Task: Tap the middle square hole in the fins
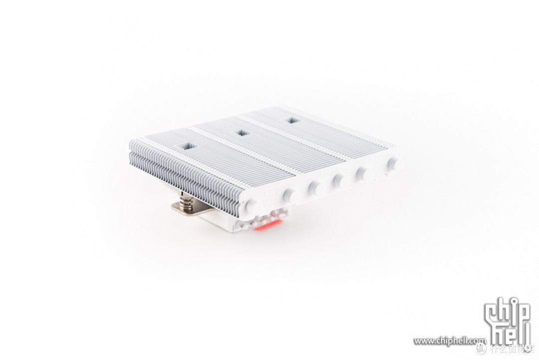[243, 133]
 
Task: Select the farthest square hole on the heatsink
[292, 120]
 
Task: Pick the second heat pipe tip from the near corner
[289, 194]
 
